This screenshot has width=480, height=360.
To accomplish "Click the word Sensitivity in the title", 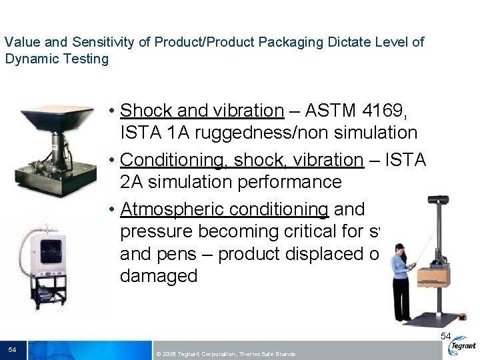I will [x=104, y=42].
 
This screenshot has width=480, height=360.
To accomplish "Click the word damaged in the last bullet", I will [x=159, y=276].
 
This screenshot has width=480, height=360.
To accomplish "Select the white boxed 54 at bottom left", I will [x=12, y=349].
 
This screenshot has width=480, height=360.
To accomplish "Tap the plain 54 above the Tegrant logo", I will [x=446, y=336].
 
